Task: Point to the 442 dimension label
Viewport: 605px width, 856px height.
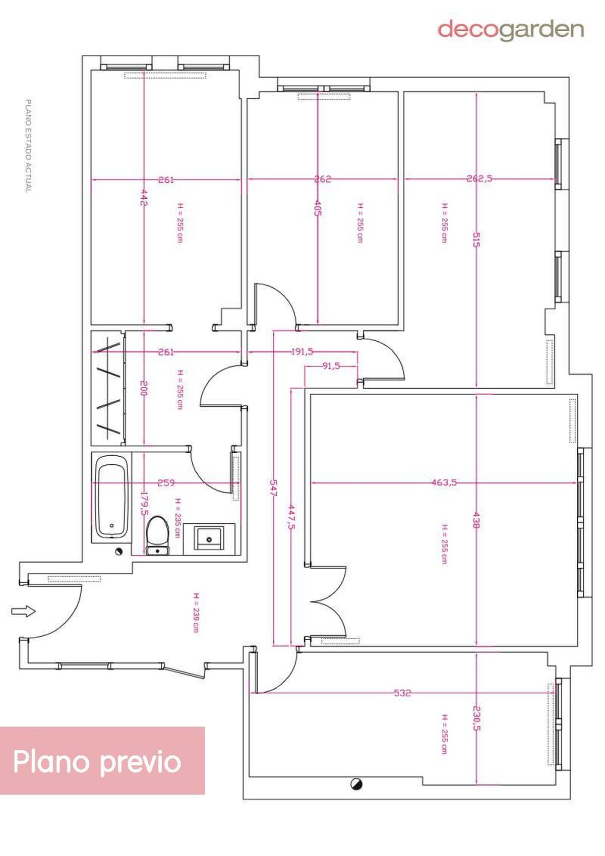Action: [143, 197]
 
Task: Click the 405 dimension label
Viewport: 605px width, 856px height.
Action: [318, 208]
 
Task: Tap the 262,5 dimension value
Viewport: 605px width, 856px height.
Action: [479, 178]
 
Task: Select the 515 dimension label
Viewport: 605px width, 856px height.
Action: [476, 239]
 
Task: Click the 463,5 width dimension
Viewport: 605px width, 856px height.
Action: [445, 482]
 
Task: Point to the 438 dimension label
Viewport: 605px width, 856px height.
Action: [476, 520]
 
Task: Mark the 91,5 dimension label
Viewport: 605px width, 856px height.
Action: [331, 366]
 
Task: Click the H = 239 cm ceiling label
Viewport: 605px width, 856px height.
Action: [196, 613]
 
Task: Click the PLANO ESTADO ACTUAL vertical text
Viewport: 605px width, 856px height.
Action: [28, 146]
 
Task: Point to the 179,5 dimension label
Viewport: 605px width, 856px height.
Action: [144, 504]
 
